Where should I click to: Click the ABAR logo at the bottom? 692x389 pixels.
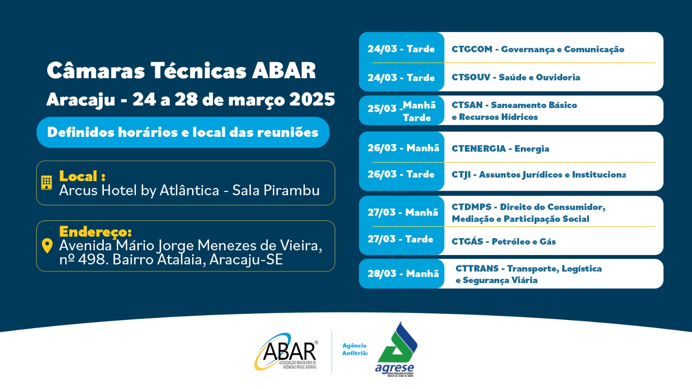click(287, 352)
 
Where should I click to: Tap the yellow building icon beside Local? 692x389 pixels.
click(46, 182)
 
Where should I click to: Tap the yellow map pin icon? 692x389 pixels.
click(47, 246)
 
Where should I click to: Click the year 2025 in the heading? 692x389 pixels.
click(312, 100)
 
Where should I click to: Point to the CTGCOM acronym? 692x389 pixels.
click(472, 49)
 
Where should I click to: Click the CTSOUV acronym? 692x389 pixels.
click(471, 77)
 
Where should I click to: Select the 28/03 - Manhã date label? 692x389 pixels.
click(403, 274)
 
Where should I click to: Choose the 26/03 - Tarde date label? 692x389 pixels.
click(401, 174)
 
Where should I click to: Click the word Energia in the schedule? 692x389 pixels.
click(532, 149)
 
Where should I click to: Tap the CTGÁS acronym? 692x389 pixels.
click(467, 242)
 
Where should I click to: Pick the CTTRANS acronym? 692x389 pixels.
click(477, 268)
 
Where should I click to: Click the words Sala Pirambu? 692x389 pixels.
click(276, 191)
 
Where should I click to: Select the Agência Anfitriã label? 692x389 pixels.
click(355, 349)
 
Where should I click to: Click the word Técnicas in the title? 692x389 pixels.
click(198, 71)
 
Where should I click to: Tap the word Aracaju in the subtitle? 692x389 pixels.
click(80, 100)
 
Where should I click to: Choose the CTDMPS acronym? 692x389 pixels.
click(471, 207)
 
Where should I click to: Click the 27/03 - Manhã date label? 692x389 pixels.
click(403, 212)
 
